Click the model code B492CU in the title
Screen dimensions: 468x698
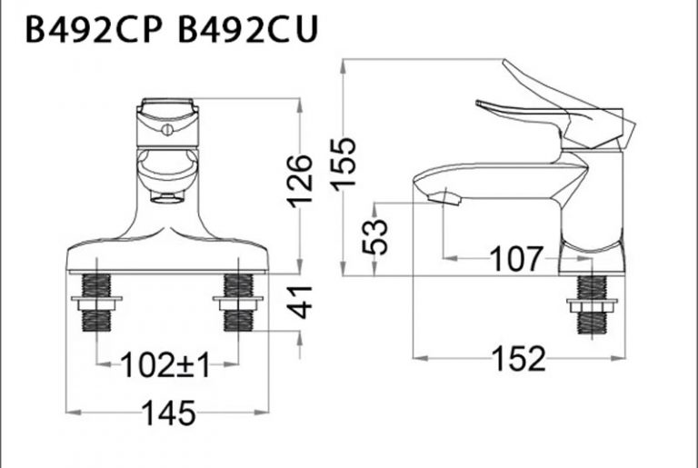click(247, 30)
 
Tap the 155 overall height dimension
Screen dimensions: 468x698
click(345, 164)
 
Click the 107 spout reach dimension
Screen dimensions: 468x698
click(519, 259)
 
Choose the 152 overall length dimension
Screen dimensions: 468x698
click(519, 359)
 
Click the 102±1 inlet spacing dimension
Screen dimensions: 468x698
click(166, 366)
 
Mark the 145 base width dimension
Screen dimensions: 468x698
click(168, 414)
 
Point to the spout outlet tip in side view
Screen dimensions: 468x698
click(445, 196)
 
